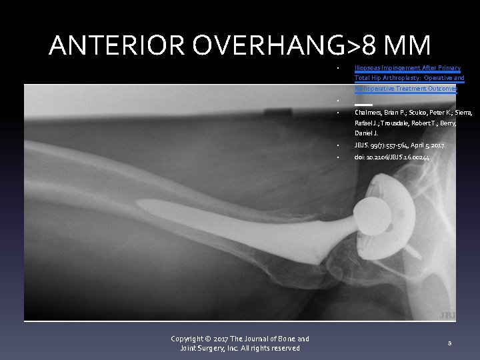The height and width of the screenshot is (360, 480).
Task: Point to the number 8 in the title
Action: pyautogui.click(x=373, y=45)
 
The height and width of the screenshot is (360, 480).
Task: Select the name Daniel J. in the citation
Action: pyautogui.click(x=366, y=133)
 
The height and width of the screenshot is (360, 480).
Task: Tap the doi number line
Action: pyautogui.click(x=392, y=157)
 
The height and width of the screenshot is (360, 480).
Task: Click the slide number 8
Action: pyautogui.click(x=450, y=343)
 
